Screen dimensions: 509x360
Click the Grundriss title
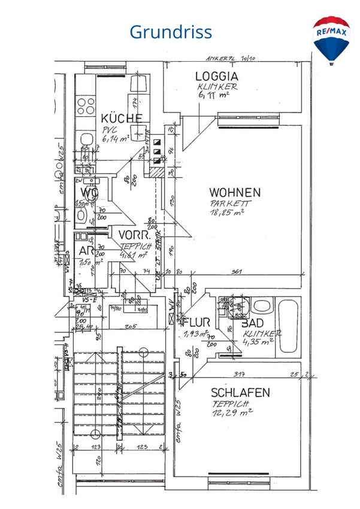[171, 31]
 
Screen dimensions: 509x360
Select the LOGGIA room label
[216, 77]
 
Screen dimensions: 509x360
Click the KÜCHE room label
[122, 118]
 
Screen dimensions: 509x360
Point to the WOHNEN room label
[234, 193]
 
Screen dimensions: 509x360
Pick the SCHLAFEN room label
[240, 393]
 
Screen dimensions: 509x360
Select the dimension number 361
[236, 272]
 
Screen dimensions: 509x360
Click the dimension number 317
[240, 375]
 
